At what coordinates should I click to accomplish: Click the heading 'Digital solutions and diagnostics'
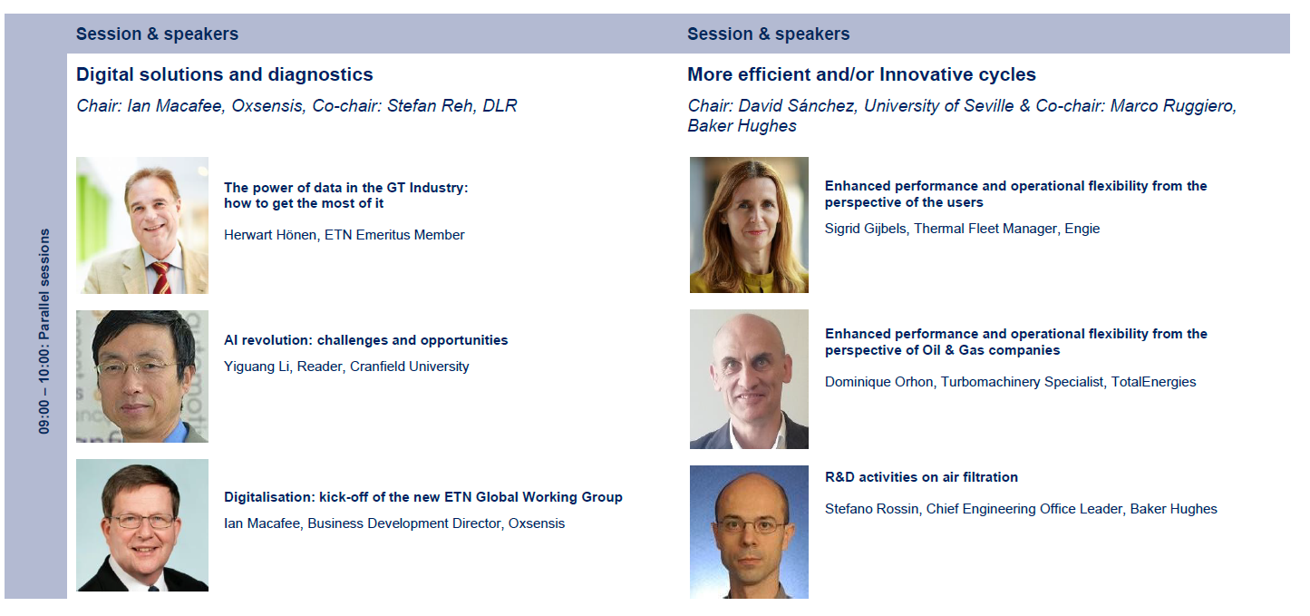pyautogui.click(x=225, y=75)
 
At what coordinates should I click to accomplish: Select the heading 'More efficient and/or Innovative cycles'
pyautogui.click(x=861, y=75)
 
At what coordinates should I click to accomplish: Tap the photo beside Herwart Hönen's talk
pyautogui.click(x=142, y=225)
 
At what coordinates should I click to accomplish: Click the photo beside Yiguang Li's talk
pyautogui.click(x=142, y=376)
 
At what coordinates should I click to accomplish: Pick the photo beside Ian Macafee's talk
pyautogui.click(x=142, y=525)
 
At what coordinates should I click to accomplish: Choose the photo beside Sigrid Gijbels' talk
pyautogui.click(x=749, y=225)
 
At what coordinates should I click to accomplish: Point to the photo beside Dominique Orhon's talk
pyautogui.click(x=749, y=379)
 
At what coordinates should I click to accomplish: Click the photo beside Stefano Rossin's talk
pyautogui.click(x=749, y=532)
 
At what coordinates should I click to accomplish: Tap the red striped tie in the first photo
pyautogui.click(x=161, y=278)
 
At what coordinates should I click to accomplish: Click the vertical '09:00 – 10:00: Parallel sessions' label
pyautogui.click(x=44, y=331)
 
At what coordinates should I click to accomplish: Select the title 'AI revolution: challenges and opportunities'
pyautogui.click(x=365, y=340)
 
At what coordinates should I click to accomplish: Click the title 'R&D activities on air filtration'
pyautogui.click(x=921, y=477)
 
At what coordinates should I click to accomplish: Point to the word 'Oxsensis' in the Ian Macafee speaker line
pyautogui.click(x=537, y=523)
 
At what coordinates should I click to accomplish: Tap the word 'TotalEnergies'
pyautogui.click(x=1153, y=382)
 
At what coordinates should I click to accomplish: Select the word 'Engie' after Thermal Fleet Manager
pyautogui.click(x=1082, y=229)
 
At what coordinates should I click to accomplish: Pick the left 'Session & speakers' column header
pyautogui.click(x=158, y=34)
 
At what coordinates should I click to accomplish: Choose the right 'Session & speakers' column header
pyautogui.click(x=769, y=34)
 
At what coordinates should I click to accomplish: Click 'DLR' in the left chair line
pyautogui.click(x=500, y=106)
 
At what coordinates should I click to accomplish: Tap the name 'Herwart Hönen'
pyautogui.click(x=269, y=235)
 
